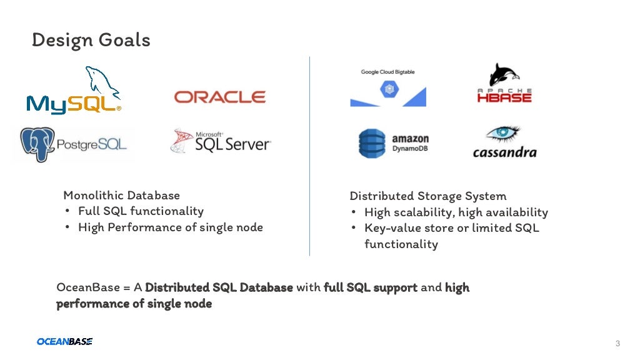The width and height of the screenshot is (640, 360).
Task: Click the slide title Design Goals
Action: tap(91, 41)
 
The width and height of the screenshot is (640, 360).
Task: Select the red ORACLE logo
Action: tap(219, 97)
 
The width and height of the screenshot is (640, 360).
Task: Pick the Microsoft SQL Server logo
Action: tap(220, 142)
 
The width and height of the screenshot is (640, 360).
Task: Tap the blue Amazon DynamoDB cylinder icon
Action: tap(372, 143)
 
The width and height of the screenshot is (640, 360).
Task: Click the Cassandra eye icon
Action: tap(504, 134)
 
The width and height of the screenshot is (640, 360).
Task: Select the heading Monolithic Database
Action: tap(121, 196)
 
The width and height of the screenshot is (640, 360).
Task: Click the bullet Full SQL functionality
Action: tap(141, 211)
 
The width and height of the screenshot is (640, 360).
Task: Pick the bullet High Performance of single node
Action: tap(170, 227)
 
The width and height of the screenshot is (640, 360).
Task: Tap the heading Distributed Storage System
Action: tap(427, 196)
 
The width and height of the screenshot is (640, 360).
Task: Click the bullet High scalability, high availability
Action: tap(456, 212)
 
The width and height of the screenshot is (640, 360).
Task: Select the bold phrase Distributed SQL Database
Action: tap(219, 287)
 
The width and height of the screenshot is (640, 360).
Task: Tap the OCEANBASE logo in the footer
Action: tap(64, 341)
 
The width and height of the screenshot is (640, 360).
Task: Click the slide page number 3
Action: tap(617, 343)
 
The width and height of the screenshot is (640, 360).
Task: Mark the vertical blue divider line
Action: tap(309, 156)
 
